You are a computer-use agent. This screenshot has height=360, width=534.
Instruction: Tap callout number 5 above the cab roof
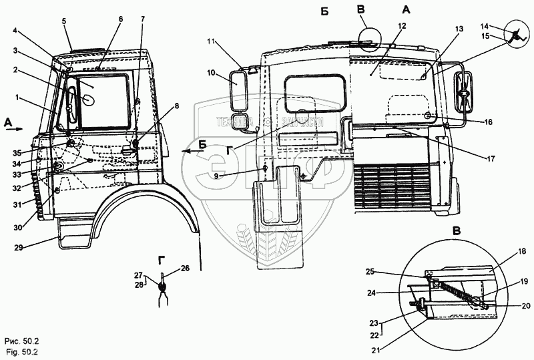tap(64, 21)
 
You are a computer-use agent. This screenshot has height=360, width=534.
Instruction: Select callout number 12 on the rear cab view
tap(401, 25)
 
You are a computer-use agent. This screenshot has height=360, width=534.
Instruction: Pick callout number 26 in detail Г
tap(185, 268)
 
